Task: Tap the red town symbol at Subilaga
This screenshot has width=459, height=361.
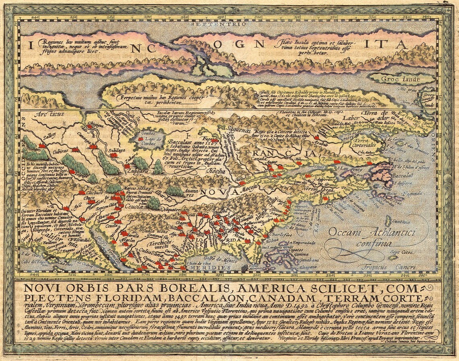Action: pyautogui.click(x=114, y=154)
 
